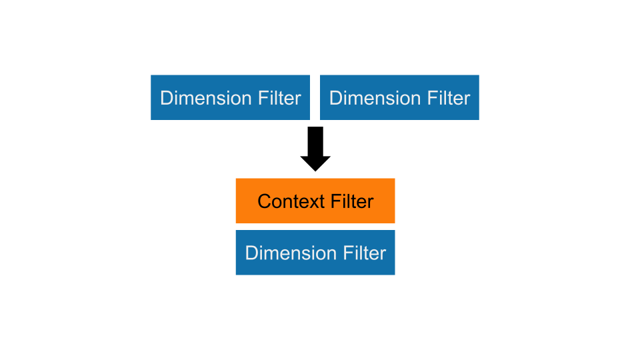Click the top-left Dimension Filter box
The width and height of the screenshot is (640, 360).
pos(231,97)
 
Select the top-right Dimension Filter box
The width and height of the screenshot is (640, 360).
pos(399,97)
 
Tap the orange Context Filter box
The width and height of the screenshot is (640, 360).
pos(315,201)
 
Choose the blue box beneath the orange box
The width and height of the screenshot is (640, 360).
pos(315,253)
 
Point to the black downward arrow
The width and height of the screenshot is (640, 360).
pos(315,149)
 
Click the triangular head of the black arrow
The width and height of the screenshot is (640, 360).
pos(315,162)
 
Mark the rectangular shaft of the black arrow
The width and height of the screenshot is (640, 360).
pos(315,140)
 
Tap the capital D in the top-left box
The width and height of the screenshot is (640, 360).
pos(166,98)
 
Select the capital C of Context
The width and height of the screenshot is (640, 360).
pos(264,201)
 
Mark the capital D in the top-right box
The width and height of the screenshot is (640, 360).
pos(335,98)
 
